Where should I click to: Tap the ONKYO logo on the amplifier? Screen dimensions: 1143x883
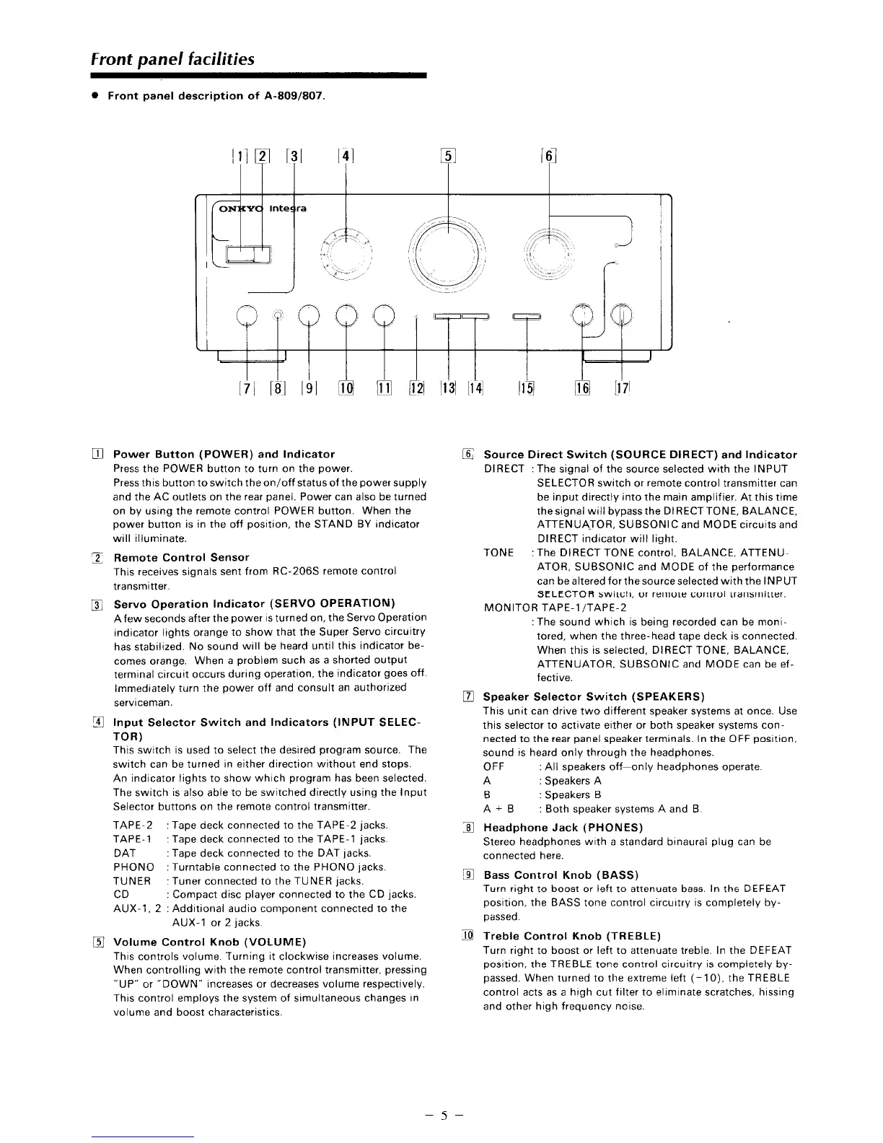click(242, 209)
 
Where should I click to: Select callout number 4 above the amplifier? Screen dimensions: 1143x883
click(346, 157)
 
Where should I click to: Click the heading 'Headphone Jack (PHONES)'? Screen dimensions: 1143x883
click(563, 827)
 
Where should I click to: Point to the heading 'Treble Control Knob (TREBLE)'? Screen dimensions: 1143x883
click(567, 936)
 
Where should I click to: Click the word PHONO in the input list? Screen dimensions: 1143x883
click(133, 867)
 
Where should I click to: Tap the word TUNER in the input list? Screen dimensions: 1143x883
click(132, 881)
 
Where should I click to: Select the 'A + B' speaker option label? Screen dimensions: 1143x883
click(498, 809)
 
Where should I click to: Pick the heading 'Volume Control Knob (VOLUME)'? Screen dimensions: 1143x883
click(210, 942)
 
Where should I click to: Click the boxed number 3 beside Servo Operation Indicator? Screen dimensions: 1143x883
click(105, 604)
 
